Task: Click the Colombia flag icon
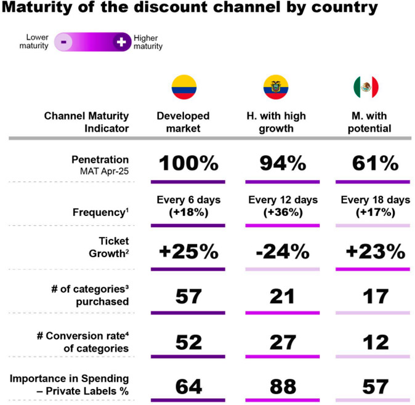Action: tap(183, 87)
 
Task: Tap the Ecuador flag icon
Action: tap(275, 87)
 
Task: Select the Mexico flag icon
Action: tap(366, 87)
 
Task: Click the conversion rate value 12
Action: tap(375, 342)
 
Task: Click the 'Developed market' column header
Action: tap(183, 122)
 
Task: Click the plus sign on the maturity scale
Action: tap(121, 42)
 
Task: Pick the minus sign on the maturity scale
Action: tap(64, 42)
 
